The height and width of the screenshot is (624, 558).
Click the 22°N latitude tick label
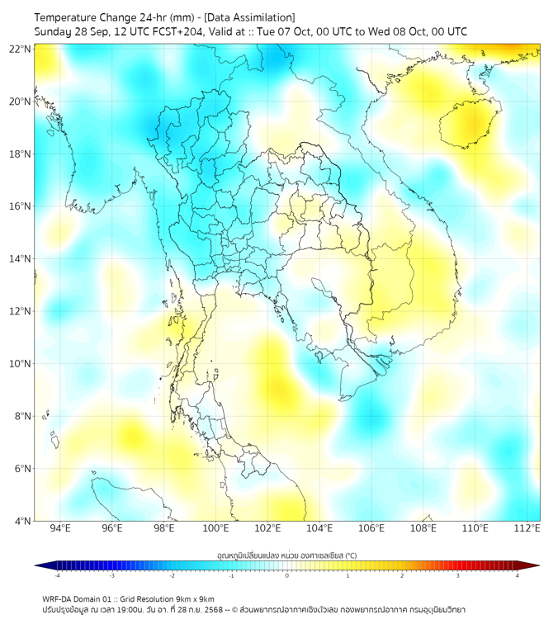[x=21, y=50]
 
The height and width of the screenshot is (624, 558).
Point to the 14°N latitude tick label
[x=21, y=259]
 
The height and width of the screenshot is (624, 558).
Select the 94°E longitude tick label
[x=60, y=528]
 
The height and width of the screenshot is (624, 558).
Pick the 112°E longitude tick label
[x=527, y=528]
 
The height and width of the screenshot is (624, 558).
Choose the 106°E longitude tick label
[x=371, y=528]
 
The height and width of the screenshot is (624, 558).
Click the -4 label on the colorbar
[x=57, y=575]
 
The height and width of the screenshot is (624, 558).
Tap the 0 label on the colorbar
[x=287, y=575]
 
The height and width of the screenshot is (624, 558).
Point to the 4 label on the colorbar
[x=518, y=575]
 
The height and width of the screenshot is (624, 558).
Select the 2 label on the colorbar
[x=403, y=575]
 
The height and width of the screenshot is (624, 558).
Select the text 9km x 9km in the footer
[x=193, y=598]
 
